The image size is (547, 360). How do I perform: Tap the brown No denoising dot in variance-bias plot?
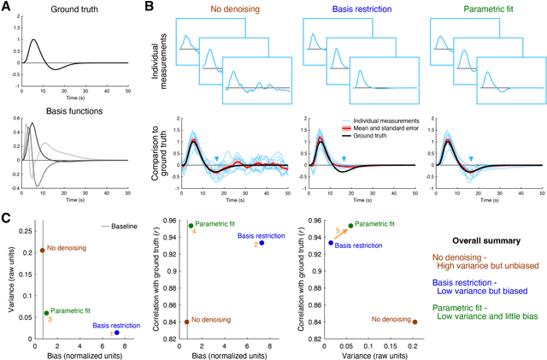pos(42,251)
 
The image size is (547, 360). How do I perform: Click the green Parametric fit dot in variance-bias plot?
pos(46,313)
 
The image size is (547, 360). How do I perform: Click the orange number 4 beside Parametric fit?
pos(194,232)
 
